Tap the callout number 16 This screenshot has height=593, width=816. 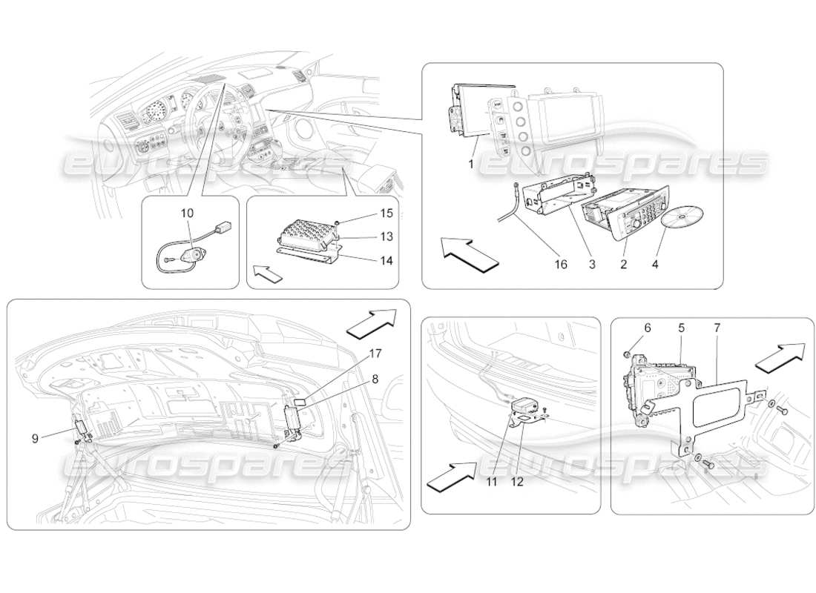[x=562, y=264]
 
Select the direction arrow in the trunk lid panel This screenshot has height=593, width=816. [x=371, y=325]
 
